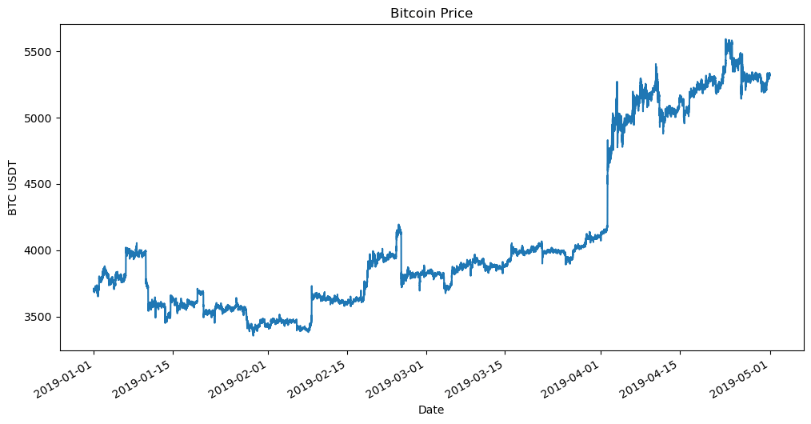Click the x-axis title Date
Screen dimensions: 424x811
tap(431, 410)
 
